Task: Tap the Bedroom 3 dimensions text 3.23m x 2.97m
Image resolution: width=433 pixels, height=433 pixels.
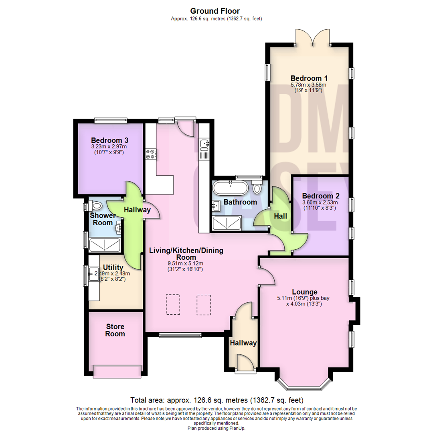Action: pos(109,147)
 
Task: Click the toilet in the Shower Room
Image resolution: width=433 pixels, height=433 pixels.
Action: pos(96,206)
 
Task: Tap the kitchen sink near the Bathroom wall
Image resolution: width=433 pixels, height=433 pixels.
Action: pos(205,143)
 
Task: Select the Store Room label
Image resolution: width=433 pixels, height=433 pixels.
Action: pos(115,330)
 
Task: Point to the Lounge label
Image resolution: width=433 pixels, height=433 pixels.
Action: pos(305,292)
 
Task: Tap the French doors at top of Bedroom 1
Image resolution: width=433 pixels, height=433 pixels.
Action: pos(312,37)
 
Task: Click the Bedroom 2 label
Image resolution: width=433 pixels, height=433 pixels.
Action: pos(321,196)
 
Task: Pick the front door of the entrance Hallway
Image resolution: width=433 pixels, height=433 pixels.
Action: pos(245,363)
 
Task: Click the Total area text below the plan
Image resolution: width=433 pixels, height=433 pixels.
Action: pos(216,400)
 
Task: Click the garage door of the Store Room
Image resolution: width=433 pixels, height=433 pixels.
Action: pos(117,371)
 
